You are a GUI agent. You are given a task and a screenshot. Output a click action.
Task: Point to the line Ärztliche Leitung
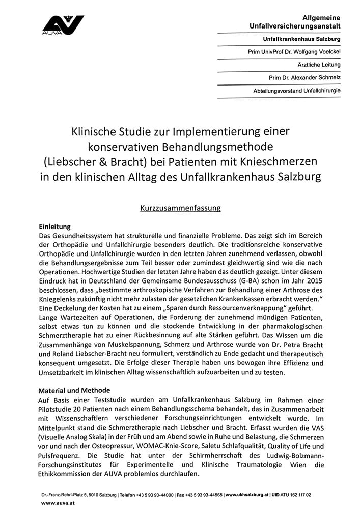click(319, 65)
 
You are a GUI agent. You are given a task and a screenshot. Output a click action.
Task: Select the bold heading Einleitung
click(56, 226)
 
